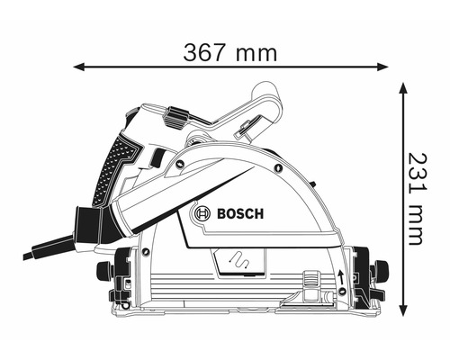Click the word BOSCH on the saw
coord(238,214)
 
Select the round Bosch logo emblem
coord(201,215)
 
